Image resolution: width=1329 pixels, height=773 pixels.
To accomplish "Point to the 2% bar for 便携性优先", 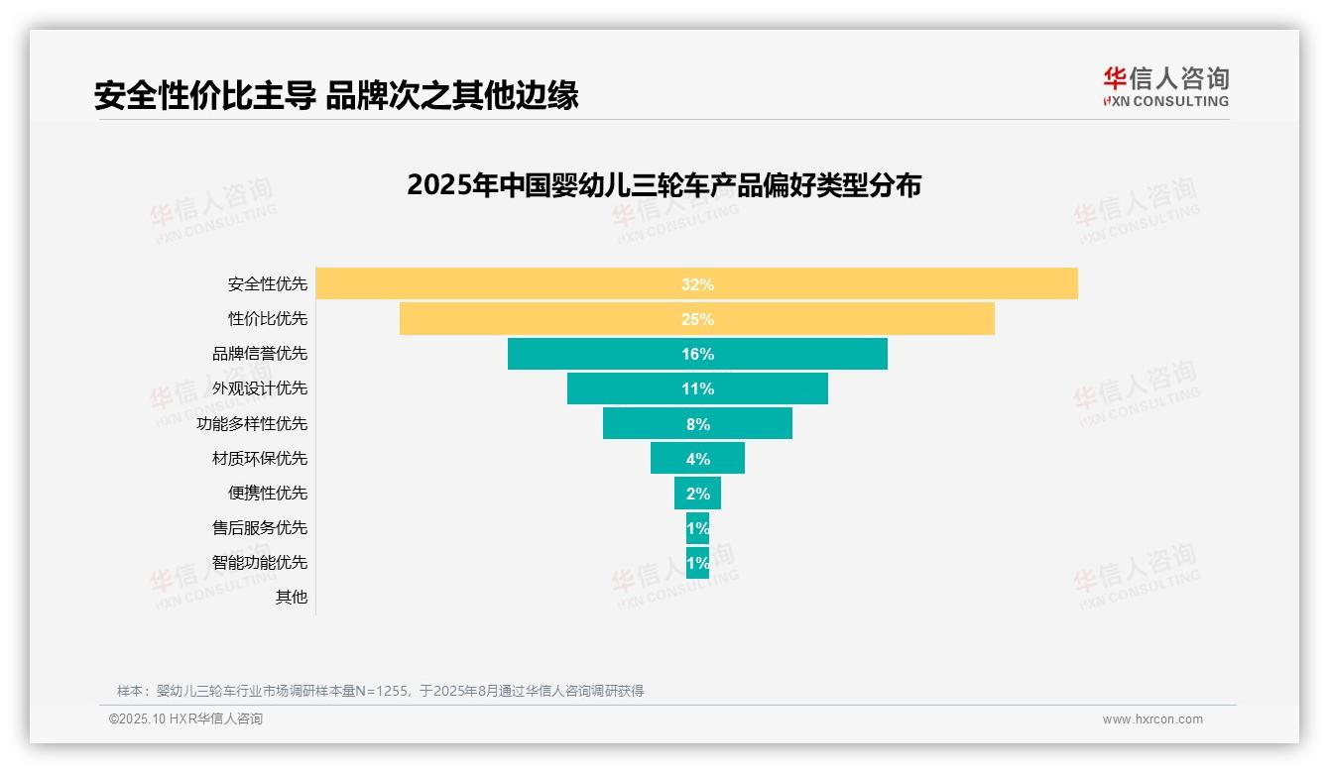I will coord(697,493).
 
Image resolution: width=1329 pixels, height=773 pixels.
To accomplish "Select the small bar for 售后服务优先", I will coord(697,527).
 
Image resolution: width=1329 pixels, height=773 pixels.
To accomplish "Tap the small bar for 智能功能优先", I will coord(697,562).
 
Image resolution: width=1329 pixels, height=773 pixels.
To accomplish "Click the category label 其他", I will coord(291,597).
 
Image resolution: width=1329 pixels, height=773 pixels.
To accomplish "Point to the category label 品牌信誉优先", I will coord(260,354).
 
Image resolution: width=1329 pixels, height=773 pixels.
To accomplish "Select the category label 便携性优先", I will coord(268,493).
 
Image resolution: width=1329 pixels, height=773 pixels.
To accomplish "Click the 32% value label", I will coord(697,284).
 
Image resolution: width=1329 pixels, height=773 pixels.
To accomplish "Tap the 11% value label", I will coord(697,388).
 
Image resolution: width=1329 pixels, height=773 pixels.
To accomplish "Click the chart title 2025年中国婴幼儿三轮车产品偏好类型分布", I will coord(664,185).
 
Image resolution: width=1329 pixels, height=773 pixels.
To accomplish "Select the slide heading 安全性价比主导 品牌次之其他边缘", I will coord(336,96).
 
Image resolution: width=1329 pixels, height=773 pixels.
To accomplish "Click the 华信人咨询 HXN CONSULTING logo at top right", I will coord(1165,86).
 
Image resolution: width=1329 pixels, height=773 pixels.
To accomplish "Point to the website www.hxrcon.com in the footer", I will coord(1151,719).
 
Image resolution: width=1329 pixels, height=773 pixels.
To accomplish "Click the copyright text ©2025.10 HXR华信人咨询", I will coord(185,719).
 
